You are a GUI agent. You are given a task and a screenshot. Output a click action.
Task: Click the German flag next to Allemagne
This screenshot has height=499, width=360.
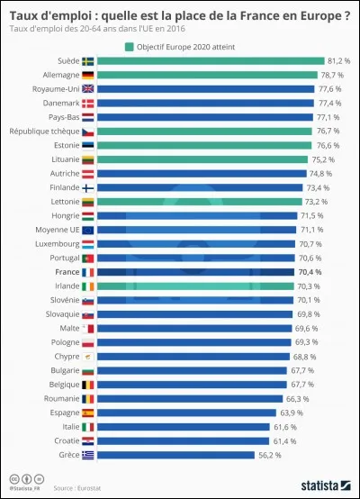coord(87,76)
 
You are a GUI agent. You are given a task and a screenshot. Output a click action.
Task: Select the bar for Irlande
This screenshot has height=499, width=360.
coord(193,286)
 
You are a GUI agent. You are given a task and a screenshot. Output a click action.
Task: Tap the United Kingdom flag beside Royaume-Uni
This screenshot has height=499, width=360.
coord(87,89)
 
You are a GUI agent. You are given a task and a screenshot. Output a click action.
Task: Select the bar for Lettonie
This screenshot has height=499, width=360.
coord(197,202)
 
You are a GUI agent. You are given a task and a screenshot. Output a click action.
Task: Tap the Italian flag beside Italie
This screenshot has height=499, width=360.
coord(87,427)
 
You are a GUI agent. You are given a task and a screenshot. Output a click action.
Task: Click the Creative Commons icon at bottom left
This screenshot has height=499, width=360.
coord(14,477)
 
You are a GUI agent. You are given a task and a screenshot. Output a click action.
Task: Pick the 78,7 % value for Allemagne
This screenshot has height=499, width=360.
coord(335,76)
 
